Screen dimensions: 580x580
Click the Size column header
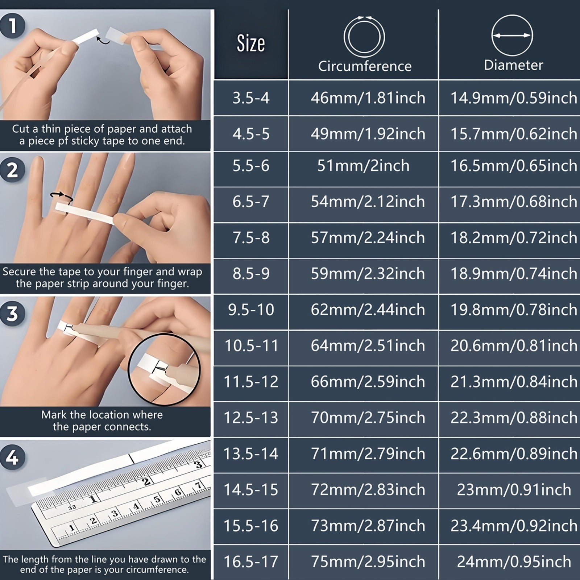(x=251, y=43)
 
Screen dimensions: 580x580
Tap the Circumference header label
(x=365, y=66)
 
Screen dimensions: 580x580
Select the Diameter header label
(x=513, y=65)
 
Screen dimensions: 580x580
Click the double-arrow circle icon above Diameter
(x=512, y=35)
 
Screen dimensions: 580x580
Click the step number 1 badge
(x=13, y=26)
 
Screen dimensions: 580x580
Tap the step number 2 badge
(x=13, y=170)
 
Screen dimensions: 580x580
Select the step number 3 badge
(x=13, y=313)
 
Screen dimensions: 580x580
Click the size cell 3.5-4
(x=251, y=98)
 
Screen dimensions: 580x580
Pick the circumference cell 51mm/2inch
(x=363, y=166)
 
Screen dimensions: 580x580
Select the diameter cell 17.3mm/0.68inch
(x=514, y=202)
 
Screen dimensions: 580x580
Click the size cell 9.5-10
(x=251, y=310)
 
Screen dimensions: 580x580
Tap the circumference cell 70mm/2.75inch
(x=368, y=418)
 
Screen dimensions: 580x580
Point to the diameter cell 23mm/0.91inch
(x=514, y=490)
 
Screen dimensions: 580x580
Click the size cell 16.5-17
(x=251, y=562)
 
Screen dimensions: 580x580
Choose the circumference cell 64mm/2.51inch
(x=368, y=345)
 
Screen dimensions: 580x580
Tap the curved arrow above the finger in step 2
(x=62, y=196)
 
